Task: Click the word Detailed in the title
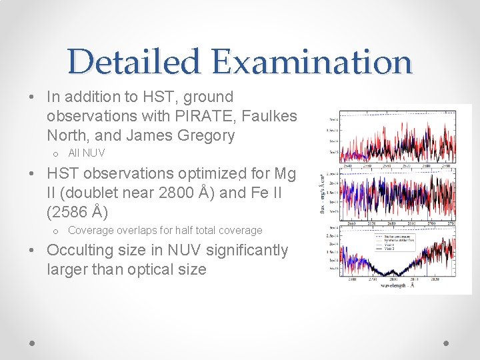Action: pos(133,61)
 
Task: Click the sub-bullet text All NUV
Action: pos(87,153)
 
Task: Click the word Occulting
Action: pos(80,250)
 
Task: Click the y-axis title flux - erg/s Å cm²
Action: pos(322,197)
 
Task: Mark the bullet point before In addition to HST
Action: pos(33,97)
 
